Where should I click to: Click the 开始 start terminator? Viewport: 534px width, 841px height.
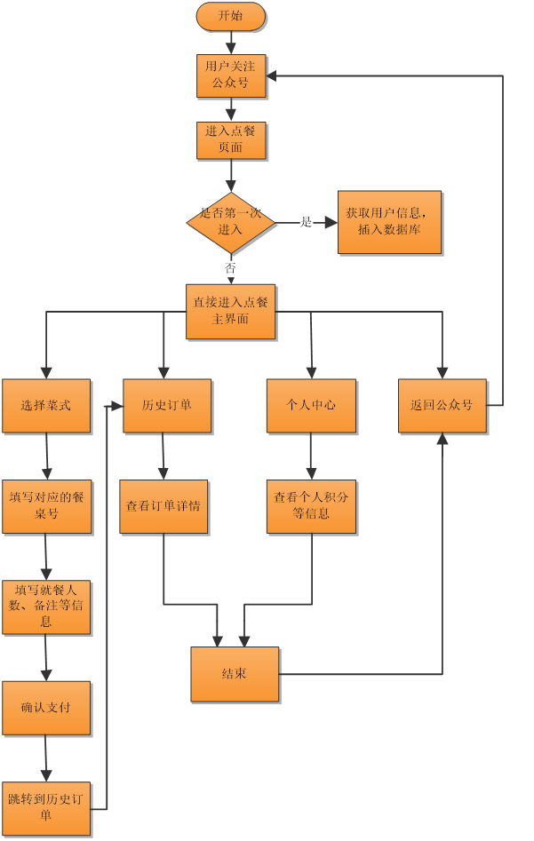click(x=231, y=16)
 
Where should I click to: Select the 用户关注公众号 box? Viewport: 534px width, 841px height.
click(x=231, y=75)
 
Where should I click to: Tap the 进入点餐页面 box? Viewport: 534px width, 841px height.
click(x=231, y=140)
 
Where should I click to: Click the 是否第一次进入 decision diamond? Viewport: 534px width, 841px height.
click(x=231, y=222)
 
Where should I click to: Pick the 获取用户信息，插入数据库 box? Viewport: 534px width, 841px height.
click(x=390, y=222)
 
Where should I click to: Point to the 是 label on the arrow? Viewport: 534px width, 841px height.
click(x=306, y=222)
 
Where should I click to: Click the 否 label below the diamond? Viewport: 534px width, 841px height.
click(x=230, y=267)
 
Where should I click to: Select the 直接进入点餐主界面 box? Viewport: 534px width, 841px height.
click(x=231, y=312)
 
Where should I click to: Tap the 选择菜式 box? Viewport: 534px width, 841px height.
click(x=46, y=406)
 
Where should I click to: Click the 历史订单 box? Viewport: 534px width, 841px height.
click(x=167, y=406)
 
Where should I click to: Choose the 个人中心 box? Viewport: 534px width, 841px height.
click(x=311, y=406)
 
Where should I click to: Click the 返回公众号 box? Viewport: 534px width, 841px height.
click(x=442, y=406)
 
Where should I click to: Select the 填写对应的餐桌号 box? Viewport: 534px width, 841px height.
click(x=47, y=507)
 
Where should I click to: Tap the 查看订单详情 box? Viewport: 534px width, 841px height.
click(x=163, y=507)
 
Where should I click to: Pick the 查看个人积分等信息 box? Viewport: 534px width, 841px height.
click(x=311, y=507)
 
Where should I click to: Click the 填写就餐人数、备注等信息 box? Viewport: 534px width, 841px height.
click(x=46, y=607)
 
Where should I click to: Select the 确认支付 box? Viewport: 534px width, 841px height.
click(x=46, y=708)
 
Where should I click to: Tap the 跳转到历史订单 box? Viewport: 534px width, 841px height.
click(x=46, y=808)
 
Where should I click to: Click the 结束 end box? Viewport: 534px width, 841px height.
click(x=235, y=674)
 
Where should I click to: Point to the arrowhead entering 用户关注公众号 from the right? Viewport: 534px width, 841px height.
click(x=271, y=76)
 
